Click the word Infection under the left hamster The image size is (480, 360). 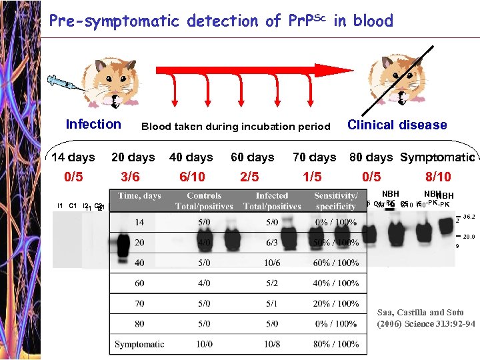click(x=93, y=124)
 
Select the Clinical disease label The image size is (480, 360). click(x=397, y=125)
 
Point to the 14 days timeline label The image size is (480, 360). click(x=73, y=157)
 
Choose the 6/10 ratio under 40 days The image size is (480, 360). click(x=193, y=177)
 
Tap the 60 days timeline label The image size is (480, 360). click(x=253, y=157)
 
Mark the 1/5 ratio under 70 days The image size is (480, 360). click(x=311, y=177)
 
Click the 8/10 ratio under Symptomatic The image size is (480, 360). click(x=438, y=177)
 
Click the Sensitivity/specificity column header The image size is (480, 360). click(x=336, y=201)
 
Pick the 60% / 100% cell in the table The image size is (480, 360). click(x=336, y=263)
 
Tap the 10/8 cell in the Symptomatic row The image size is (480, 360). click(x=271, y=344)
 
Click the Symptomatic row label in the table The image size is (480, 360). click(x=139, y=344)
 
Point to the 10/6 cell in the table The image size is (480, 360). click(x=271, y=263)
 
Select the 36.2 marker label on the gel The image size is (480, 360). click(x=469, y=217)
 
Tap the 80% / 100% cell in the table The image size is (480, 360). click(x=336, y=344)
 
